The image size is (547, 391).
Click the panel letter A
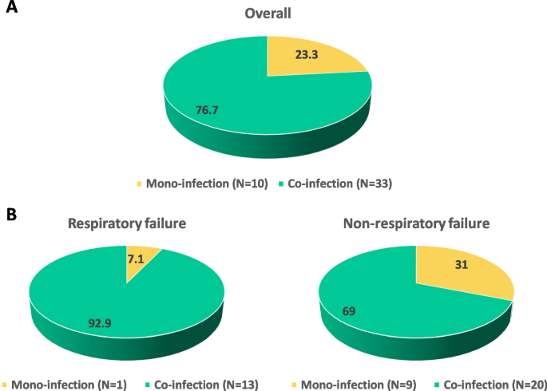[x=14, y=14]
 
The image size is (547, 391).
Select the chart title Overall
[x=268, y=14]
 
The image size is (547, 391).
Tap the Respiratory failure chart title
[x=126, y=224]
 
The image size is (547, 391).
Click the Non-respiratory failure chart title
[x=415, y=224]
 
